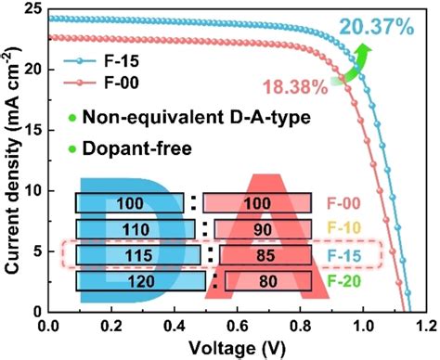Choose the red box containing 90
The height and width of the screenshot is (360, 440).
(x=263, y=228)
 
